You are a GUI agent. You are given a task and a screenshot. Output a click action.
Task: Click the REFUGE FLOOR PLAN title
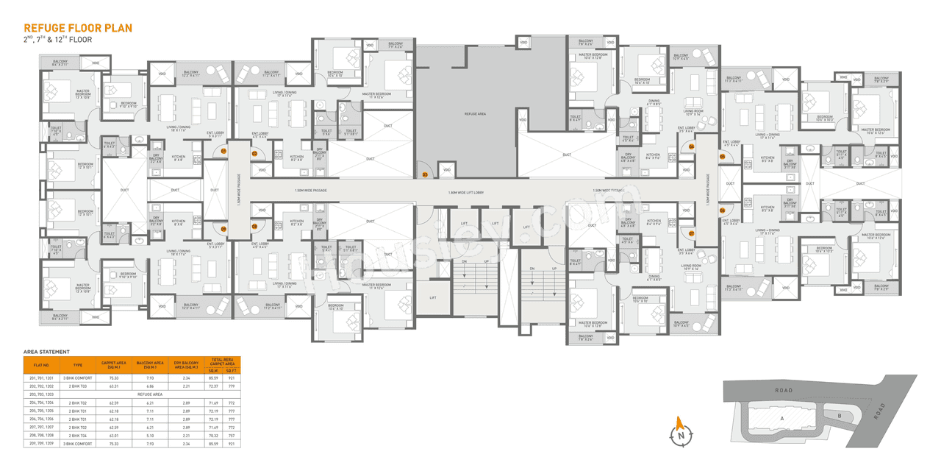[x=77, y=28]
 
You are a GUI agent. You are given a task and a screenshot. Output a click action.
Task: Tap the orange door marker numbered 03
[x=425, y=174]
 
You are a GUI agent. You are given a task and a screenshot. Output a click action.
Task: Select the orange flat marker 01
[x=223, y=151]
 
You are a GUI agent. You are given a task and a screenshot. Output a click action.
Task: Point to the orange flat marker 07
[x=692, y=233]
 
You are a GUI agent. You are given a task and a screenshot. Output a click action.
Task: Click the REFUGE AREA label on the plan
[x=475, y=115]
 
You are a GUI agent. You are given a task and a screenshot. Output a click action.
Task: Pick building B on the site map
[x=839, y=415]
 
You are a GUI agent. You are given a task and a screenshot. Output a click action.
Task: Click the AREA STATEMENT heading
[x=46, y=352]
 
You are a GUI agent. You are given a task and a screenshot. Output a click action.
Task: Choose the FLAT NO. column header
[x=41, y=364]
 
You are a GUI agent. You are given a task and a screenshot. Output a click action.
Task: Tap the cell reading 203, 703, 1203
[x=41, y=394]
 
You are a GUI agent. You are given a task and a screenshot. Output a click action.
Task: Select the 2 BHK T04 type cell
[x=78, y=436]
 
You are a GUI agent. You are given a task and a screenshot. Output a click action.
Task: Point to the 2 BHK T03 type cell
[x=78, y=386]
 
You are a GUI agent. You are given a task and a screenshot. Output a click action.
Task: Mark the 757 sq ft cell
[x=232, y=436]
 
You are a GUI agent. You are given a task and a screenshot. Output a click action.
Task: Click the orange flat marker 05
[x=723, y=156]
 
